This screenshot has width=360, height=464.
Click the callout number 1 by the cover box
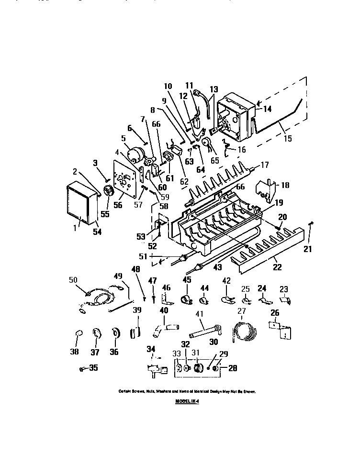click(x=75, y=229)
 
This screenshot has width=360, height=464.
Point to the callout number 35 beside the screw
click(x=92, y=368)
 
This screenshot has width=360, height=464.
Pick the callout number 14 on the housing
click(x=267, y=109)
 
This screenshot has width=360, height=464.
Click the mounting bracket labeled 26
click(x=280, y=329)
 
